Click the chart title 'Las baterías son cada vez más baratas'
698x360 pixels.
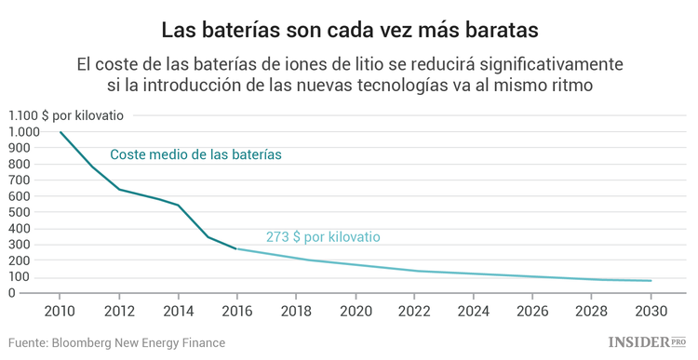pos(349,30)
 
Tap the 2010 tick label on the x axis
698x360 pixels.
pos(60,311)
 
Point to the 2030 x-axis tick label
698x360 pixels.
pos(651,311)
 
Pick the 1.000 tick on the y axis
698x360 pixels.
pos(24,132)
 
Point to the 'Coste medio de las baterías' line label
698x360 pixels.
pos(195,154)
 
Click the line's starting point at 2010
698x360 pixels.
pos(60,132)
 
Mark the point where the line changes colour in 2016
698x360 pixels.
pos(236,248)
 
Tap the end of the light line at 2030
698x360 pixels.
pos(651,280)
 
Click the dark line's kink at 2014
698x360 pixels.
pos(178,205)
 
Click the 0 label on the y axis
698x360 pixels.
pos(36,293)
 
